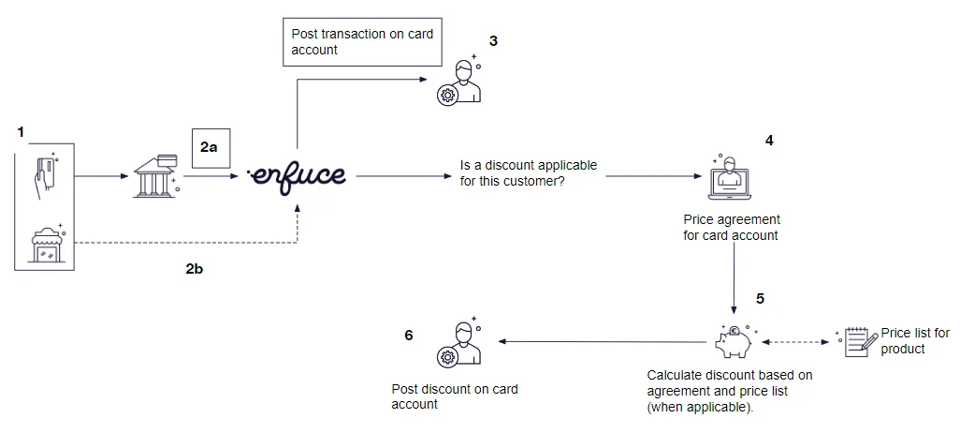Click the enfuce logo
[297, 175]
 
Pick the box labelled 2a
[211, 148]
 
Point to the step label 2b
[195, 268]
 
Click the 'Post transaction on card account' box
[362, 41]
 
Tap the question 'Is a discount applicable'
[528, 172]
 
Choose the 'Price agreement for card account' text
[731, 228]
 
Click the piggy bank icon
[734, 341]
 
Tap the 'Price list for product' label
[914, 341]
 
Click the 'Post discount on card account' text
[454, 396]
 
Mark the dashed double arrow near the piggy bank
[794, 342]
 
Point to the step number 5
[760, 299]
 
